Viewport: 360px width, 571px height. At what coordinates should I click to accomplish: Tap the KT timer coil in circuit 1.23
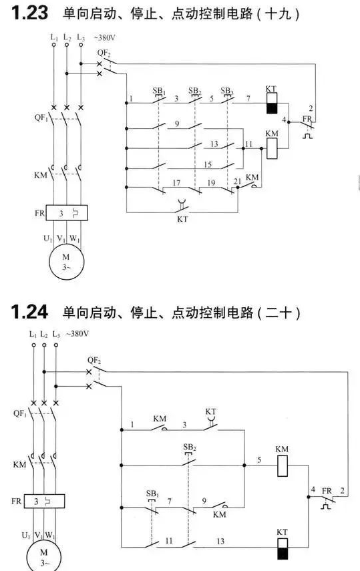click(x=271, y=103)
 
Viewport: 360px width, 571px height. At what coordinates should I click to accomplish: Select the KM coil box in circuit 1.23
click(x=272, y=148)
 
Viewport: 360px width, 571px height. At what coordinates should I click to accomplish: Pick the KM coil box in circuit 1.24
click(x=283, y=465)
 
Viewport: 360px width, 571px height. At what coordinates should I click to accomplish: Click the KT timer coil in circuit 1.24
click(x=283, y=548)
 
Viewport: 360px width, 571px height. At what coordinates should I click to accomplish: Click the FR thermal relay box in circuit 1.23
click(x=67, y=212)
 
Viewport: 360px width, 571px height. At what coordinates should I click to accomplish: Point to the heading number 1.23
click(x=29, y=13)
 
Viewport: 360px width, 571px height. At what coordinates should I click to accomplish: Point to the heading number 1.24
click(x=29, y=312)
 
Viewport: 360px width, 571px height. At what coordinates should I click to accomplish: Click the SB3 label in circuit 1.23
click(x=226, y=90)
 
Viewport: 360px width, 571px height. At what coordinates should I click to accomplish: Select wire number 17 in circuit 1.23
click(x=176, y=183)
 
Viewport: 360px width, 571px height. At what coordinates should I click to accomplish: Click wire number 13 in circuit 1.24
click(x=220, y=542)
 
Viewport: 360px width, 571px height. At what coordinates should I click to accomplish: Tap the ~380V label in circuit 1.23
click(x=105, y=37)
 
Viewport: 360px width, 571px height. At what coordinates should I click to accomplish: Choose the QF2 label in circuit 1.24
click(x=94, y=361)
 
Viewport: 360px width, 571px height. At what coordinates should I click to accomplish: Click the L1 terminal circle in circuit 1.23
click(x=54, y=45)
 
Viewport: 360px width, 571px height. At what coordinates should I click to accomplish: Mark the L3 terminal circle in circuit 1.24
click(x=55, y=345)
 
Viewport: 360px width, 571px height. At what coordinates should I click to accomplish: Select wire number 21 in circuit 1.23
click(x=238, y=181)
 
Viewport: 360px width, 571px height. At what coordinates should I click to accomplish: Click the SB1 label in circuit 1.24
click(x=152, y=494)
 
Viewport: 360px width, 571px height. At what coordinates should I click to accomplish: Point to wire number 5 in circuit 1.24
click(x=259, y=460)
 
